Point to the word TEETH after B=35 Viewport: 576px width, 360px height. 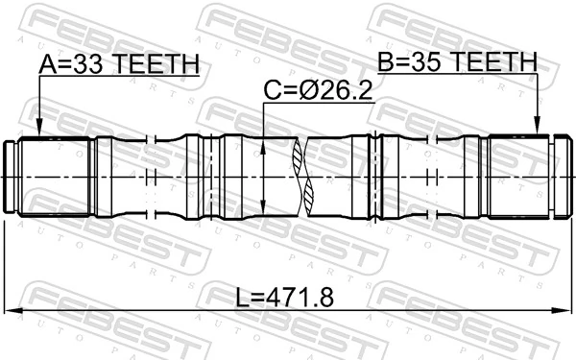(x=495, y=62)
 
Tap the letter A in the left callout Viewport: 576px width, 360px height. (x=48, y=63)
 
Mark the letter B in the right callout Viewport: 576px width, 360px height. (x=386, y=62)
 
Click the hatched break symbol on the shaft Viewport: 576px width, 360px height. (x=305, y=177)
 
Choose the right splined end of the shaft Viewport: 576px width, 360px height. (x=518, y=177)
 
